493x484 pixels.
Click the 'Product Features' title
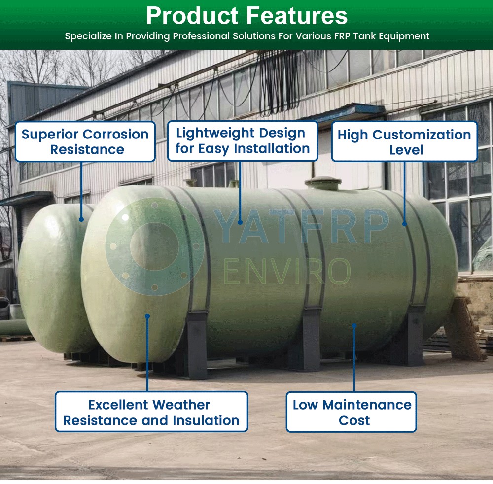[247, 16]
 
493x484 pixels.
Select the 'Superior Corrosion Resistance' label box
[85, 141]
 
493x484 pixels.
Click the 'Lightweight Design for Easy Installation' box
[243, 141]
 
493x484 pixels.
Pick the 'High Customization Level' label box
[404, 141]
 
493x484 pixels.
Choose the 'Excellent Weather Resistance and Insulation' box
[151, 412]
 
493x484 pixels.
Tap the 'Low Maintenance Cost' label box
[352, 412]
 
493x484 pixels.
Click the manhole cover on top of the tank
[322, 183]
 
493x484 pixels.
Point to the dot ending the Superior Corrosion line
[81, 219]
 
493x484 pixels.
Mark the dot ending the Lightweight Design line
[240, 222]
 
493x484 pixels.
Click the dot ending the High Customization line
[405, 224]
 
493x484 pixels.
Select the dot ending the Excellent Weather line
[147, 316]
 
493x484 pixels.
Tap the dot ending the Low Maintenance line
[354, 325]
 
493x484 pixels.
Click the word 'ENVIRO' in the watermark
[287, 271]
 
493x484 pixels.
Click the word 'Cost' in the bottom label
[354, 420]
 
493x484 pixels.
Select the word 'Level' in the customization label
[406, 150]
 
